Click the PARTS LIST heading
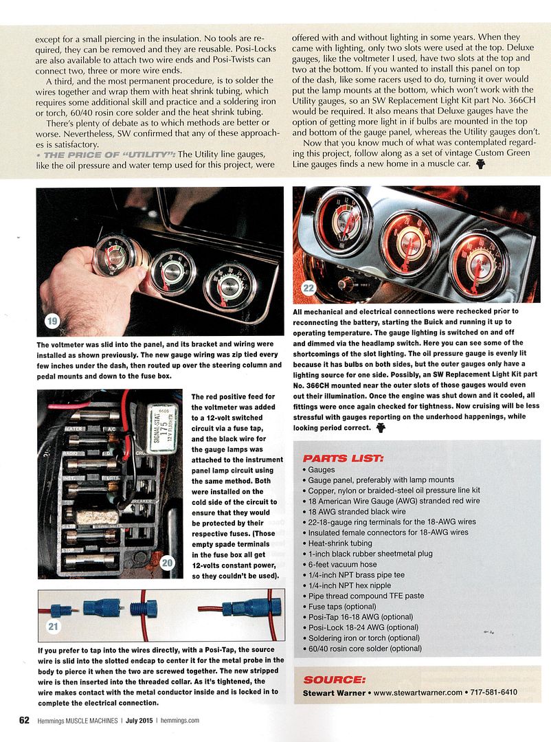point(343,458)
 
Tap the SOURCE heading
point(335,679)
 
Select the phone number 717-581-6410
point(494,693)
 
